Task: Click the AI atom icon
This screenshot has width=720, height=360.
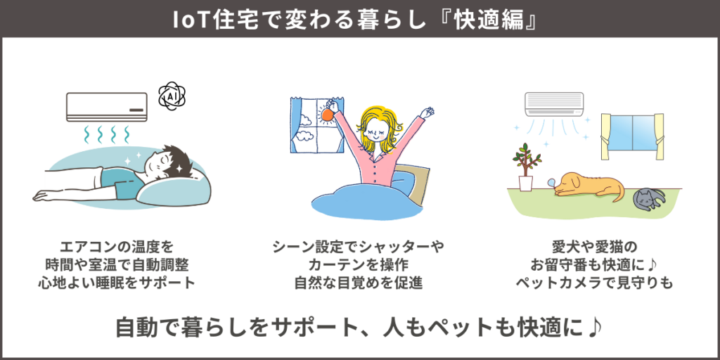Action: pyautogui.click(x=171, y=96)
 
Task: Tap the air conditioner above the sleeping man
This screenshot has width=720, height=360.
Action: pyautogui.click(x=107, y=107)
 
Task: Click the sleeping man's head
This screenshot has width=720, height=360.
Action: pyautogui.click(x=165, y=165)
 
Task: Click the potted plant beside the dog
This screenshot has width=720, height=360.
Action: pyautogui.click(x=526, y=167)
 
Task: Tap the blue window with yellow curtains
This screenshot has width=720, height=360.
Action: pyautogui.click(x=632, y=135)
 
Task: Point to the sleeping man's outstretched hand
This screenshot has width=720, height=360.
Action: pyautogui.click(x=44, y=195)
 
